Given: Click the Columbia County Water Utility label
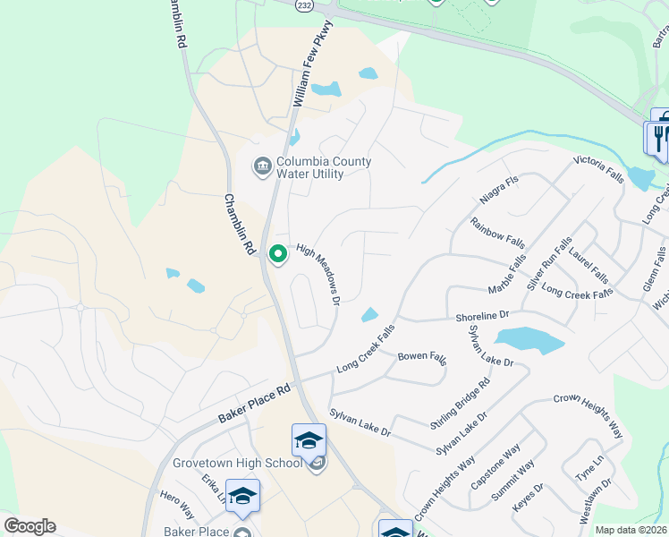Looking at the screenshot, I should (323, 167).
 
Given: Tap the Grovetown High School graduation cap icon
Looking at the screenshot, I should (309, 440).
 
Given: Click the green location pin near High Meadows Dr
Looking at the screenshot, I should (278, 254).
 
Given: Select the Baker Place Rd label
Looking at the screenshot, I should (255, 405).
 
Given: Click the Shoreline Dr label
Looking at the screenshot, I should (481, 315).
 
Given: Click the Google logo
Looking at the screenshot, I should (29, 526).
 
